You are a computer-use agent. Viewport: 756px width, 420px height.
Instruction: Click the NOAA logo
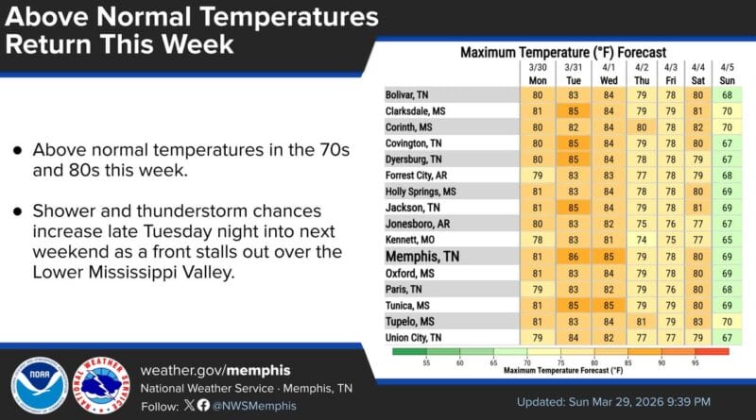coord(39,386)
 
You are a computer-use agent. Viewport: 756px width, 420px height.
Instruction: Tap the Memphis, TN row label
coord(422,256)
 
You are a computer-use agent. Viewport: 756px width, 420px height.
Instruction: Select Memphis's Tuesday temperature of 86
coord(573,256)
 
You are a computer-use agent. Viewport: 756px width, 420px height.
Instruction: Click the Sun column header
coord(727,80)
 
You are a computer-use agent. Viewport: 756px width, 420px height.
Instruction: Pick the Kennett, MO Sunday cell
coord(727,240)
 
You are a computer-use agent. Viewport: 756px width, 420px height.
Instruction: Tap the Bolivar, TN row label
coord(407,95)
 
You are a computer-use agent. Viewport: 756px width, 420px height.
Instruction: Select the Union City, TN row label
coord(415,337)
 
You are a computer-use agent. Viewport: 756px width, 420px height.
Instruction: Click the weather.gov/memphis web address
coord(215,369)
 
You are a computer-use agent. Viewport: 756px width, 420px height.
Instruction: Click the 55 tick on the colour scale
coord(425,361)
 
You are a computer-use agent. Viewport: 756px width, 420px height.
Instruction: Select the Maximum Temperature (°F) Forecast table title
coord(563,52)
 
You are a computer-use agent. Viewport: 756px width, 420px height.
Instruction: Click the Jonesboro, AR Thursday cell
coord(642,224)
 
